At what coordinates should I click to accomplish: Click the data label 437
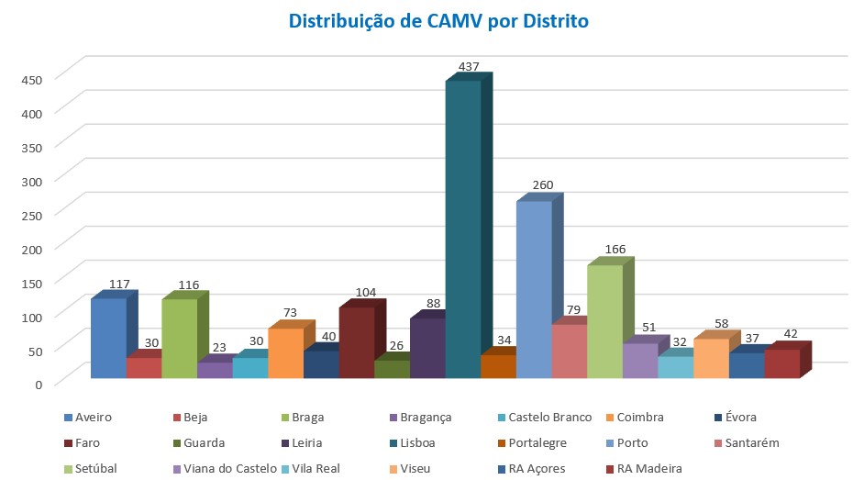[x=469, y=66]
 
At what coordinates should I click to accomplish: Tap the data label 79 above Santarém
[x=573, y=309]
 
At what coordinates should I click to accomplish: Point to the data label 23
[x=219, y=347]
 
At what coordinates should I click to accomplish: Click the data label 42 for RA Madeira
[x=791, y=333]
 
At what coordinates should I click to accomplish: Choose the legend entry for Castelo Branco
[x=545, y=418]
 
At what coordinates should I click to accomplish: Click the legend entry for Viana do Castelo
[x=225, y=468]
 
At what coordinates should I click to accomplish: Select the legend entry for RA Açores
[x=531, y=468]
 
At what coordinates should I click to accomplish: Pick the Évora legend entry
[x=735, y=418]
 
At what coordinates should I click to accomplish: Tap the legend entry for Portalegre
[x=532, y=443]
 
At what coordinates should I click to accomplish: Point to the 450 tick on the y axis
[x=32, y=80]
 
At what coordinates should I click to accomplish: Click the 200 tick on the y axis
[x=32, y=250]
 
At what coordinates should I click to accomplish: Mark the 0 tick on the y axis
[x=39, y=385]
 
